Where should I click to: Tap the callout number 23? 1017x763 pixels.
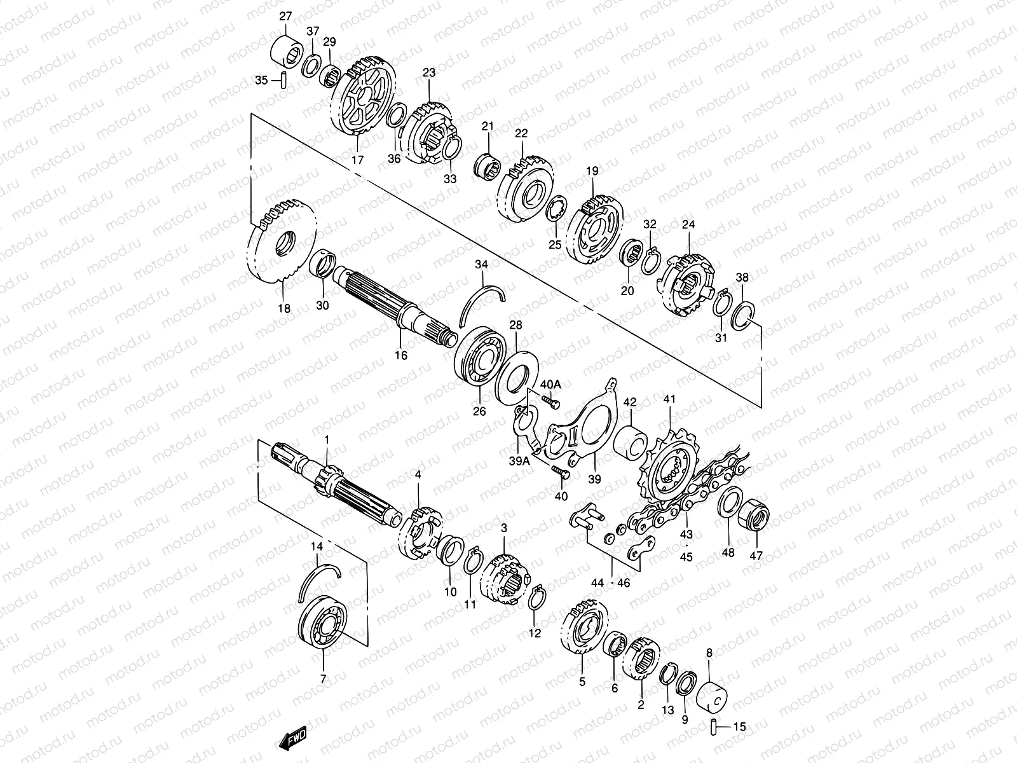tap(429, 73)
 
